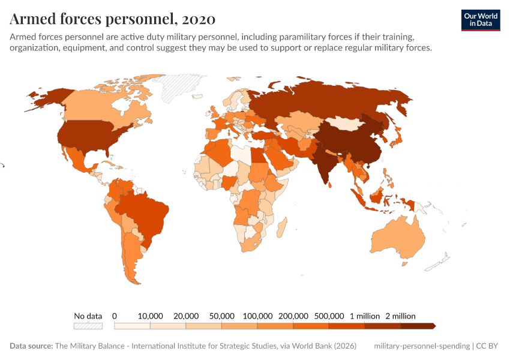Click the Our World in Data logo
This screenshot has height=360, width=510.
click(x=480, y=20)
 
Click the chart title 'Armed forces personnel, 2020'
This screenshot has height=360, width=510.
click(x=112, y=19)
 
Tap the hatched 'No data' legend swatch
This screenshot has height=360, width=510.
click(x=88, y=326)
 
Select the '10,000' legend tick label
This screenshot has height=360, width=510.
click(x=151, y=316)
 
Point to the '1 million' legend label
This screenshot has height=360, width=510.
click(x=364, y=316)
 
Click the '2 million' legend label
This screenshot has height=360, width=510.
click(x=400, y=316)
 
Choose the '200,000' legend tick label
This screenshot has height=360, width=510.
click(x=293, y=316)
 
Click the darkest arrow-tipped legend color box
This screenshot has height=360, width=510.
click(x=417, y=326)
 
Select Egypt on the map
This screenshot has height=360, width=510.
click(x=257, y=154)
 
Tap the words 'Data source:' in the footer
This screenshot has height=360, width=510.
click(x=31, y=346)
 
